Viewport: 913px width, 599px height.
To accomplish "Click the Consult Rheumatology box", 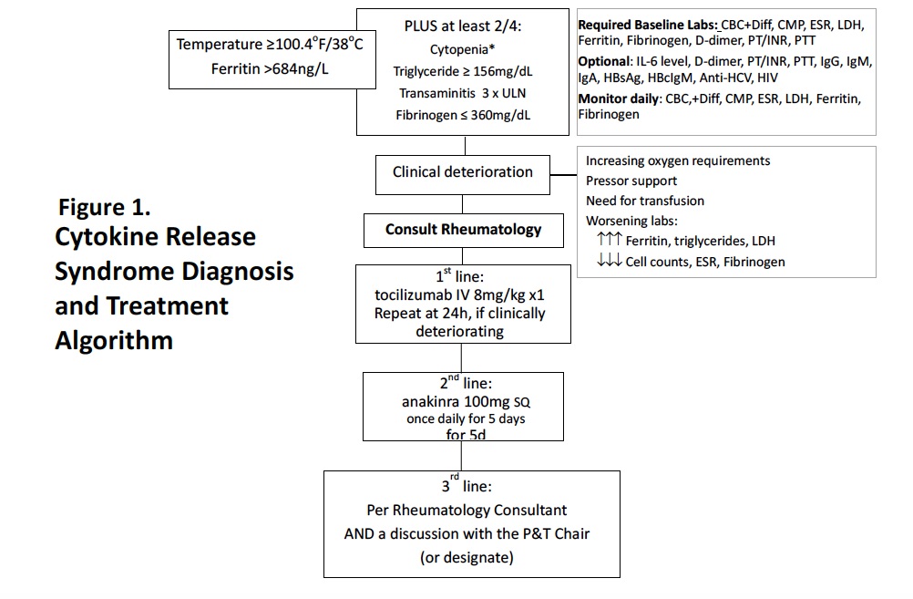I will tap(463, 230).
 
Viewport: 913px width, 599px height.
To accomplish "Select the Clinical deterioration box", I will tap(463, 171).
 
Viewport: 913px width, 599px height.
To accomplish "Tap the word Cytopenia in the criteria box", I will tap(462, 49).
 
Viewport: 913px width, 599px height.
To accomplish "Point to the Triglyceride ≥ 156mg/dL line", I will tap(463, 71).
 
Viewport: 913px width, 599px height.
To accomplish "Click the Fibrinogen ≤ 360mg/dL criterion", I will tap(463, 115).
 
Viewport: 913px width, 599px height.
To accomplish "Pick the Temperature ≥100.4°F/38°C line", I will tap(270, 44).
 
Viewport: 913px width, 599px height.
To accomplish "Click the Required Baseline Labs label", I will tap(648, 25).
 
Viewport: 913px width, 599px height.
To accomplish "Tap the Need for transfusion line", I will tap(644, 201).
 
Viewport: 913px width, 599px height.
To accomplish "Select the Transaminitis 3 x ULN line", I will tap(463, 93).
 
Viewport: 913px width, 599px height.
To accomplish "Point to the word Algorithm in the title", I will tap(114, 340).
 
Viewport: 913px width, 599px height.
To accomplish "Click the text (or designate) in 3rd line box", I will tap(467, 557).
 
